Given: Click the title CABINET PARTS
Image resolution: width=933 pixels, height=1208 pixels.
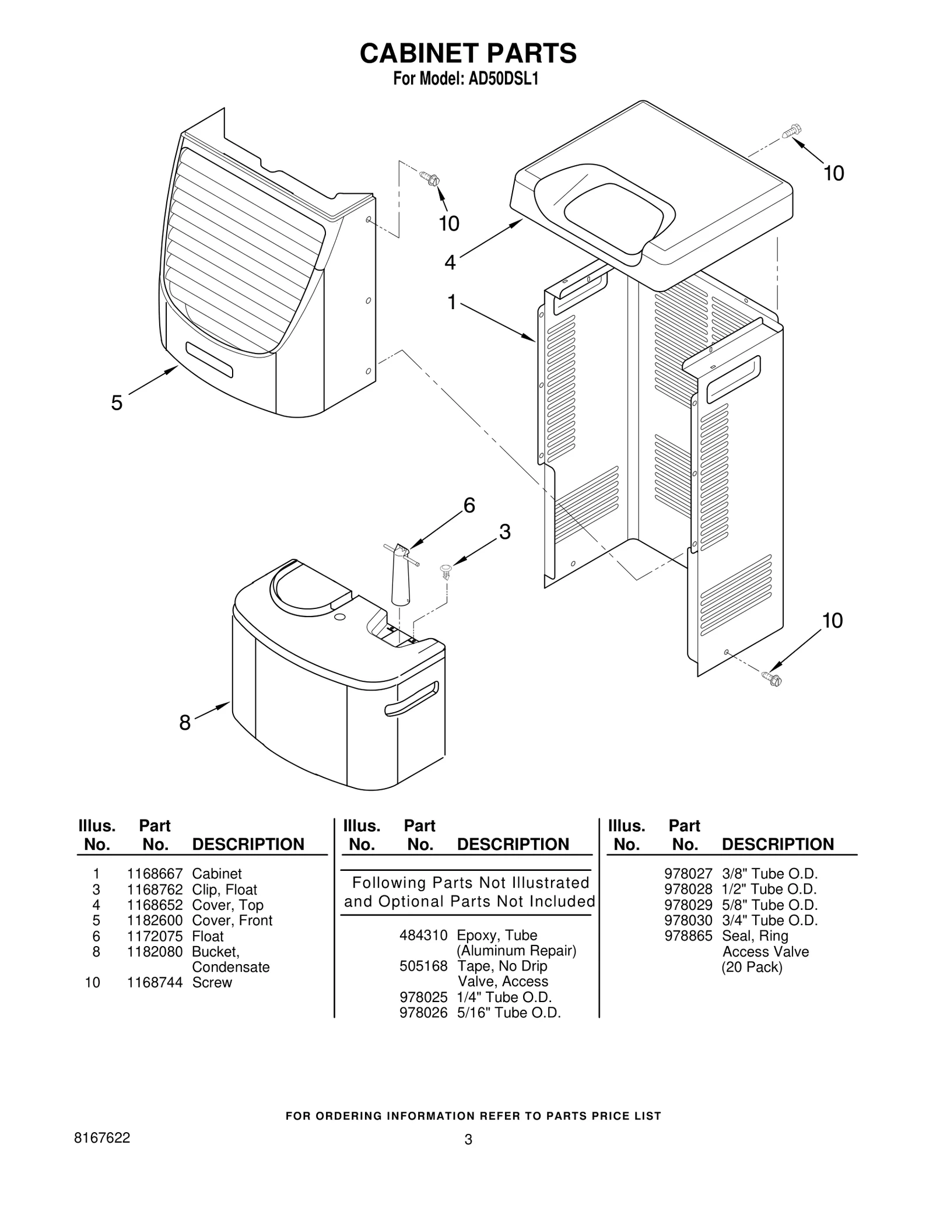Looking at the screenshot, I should [468, 53].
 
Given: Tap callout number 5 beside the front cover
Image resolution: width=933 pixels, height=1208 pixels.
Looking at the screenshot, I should [117, 403].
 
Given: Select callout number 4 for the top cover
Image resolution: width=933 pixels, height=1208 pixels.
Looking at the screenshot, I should [450, 263].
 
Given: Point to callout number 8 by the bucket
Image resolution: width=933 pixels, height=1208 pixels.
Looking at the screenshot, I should [184, 723].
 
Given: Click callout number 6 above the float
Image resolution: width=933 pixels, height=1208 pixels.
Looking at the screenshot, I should [469, 505].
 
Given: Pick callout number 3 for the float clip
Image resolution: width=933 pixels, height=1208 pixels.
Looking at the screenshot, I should [504, 532].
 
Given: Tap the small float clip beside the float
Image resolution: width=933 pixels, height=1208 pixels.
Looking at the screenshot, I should [446, 570].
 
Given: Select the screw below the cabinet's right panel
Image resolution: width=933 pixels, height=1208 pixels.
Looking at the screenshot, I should [772, 678].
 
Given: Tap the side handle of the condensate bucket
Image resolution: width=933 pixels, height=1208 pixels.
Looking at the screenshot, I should [411, 699].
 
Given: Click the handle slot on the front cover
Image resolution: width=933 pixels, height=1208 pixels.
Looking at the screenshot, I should [209, 360].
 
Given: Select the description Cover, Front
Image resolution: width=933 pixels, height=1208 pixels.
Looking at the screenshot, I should [232, 920].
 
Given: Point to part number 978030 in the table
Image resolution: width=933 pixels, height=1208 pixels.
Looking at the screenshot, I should [688, 920].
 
